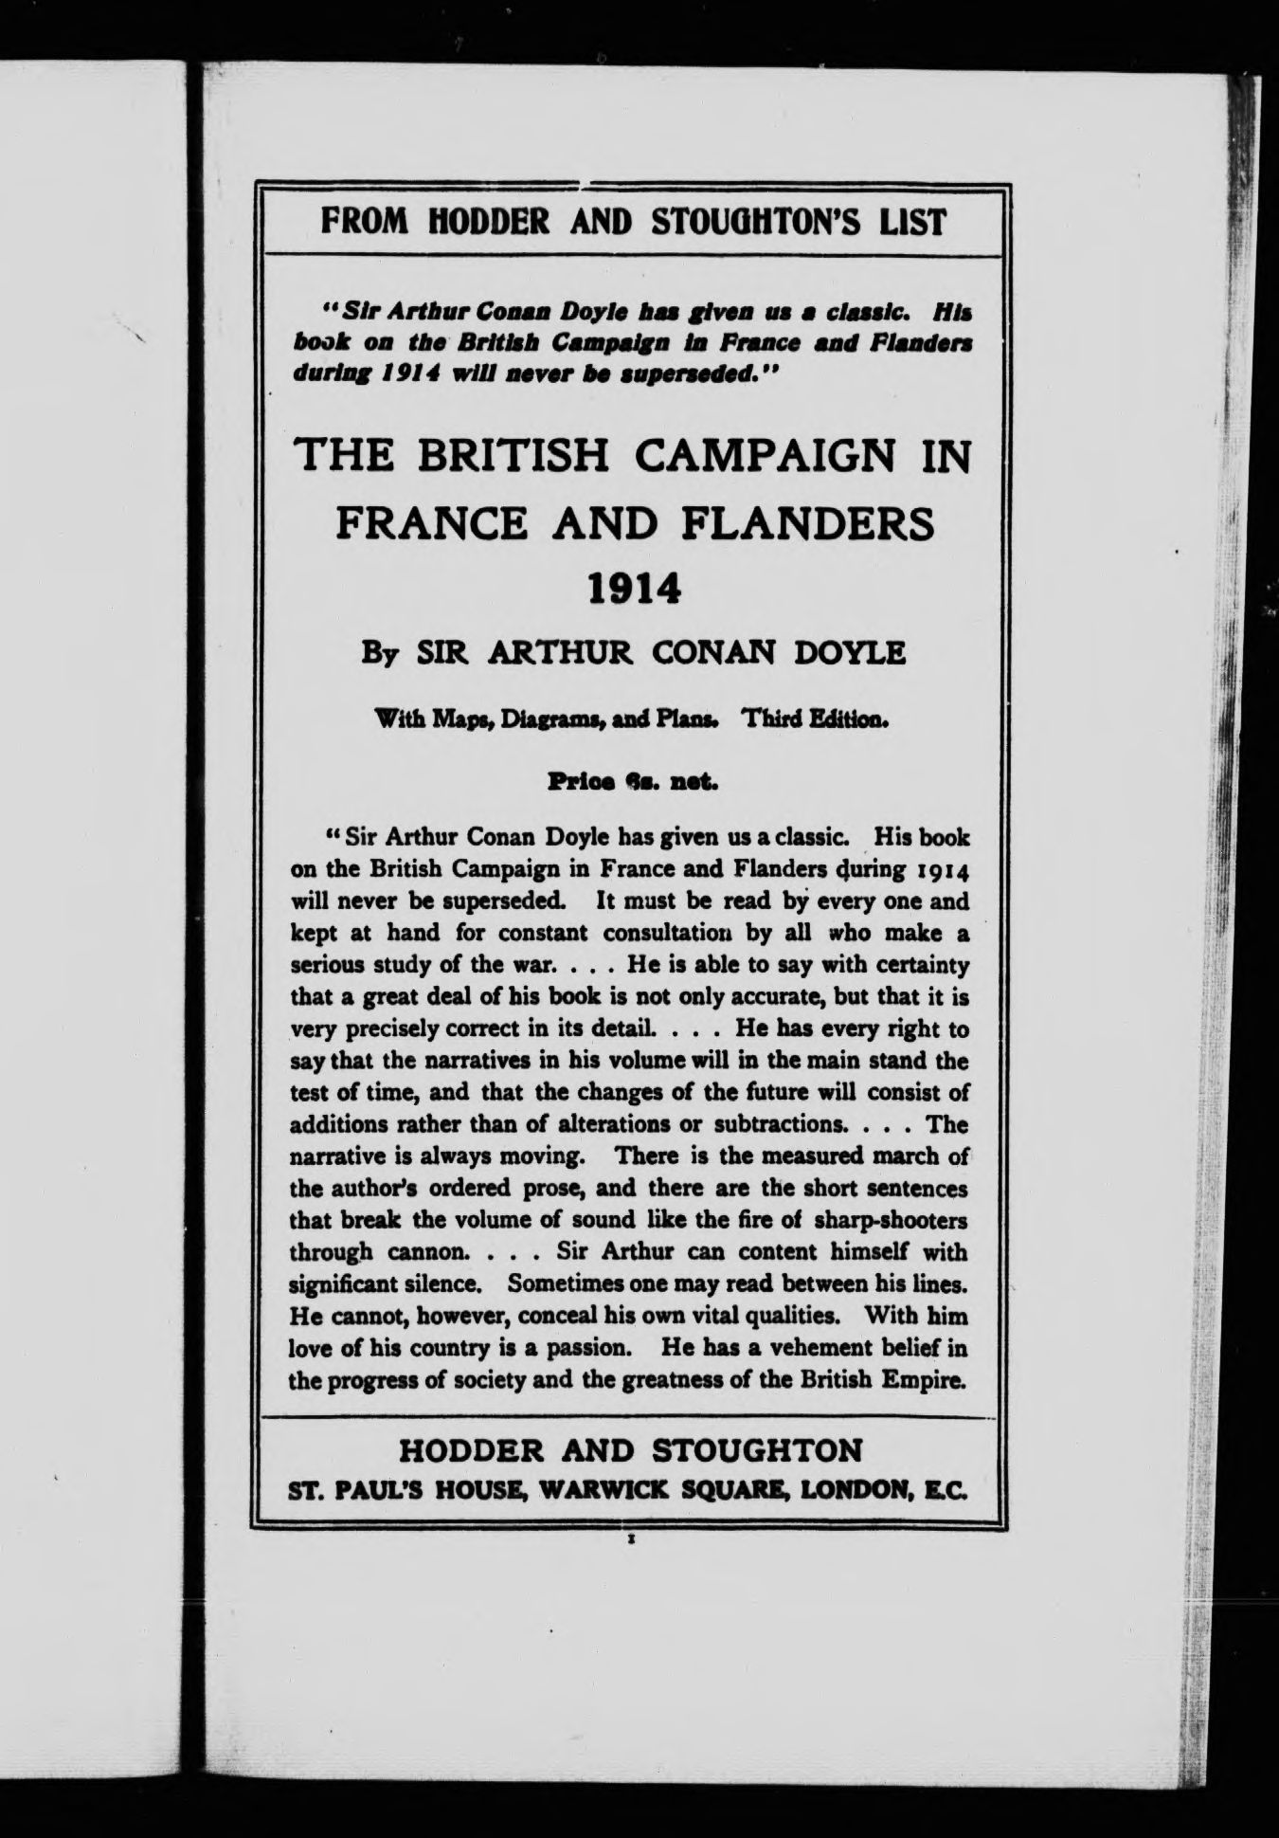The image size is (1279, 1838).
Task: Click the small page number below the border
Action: point(630,1542)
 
